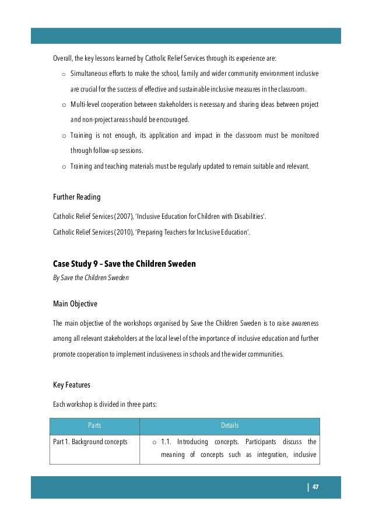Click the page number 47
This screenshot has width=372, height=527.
[315, 487]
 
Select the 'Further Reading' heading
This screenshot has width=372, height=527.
[76, 197]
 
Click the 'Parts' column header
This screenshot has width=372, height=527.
[94, 425]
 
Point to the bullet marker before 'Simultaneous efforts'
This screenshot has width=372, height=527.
[63, 75]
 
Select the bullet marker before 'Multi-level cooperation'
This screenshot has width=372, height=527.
[63, 105]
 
